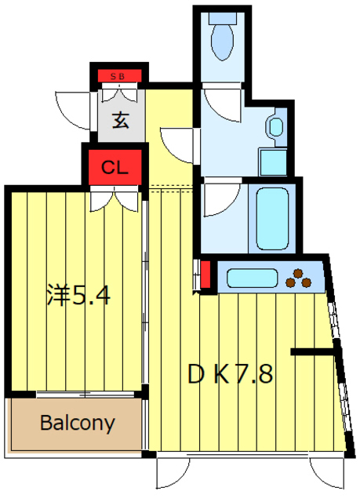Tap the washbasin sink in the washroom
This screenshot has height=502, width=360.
pyautogui.click(x=275, y=126)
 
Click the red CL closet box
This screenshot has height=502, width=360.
pyautogui.click(x=115, y=166)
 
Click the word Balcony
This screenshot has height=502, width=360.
pyautogui.click(x=77, y=424)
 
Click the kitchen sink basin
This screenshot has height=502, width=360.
pyautogui.click(x=250, y=278)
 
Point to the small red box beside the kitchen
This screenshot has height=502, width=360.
pyautogui.click(x=205, y=275)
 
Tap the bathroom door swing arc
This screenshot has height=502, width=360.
pyautogui.click(x=219, y=199)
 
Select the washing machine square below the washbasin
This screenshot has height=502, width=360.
pyautogui.click(x=274, y=161)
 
